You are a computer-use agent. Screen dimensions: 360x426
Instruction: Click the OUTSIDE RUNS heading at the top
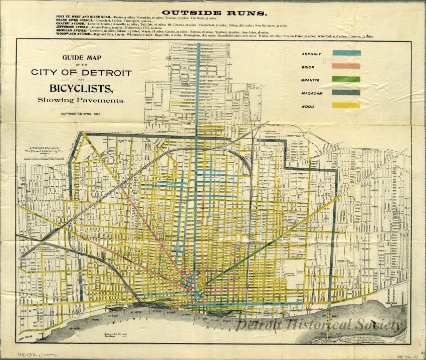pyautogui.click(x=213, y=10)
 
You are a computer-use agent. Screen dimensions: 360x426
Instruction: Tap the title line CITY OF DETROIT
pyautogui.click(x=81, y=73)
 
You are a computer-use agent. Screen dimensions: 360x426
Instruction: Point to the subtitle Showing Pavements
pyautogui.click(x=81, y=100)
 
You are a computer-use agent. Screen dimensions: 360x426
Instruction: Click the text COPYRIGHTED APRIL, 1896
pyautogui.click(x=81, y=114)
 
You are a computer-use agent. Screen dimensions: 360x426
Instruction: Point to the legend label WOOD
pyautogui.click(x=308, y=106)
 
